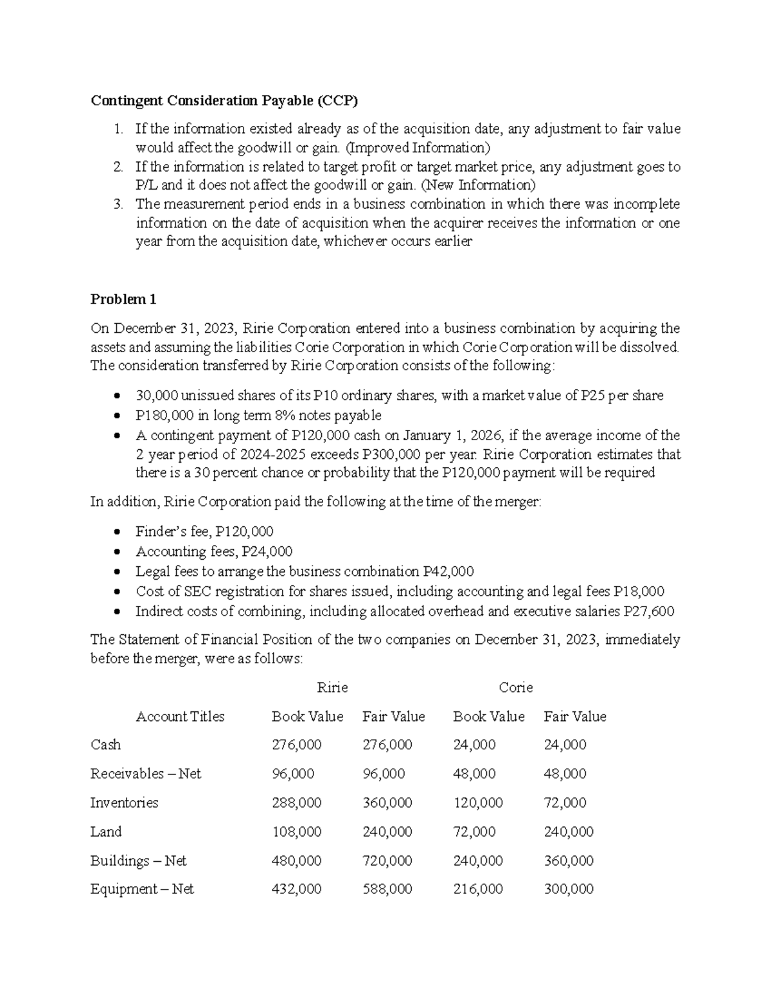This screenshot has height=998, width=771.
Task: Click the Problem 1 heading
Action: (123, 299)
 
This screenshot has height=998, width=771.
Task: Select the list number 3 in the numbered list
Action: (118, 204)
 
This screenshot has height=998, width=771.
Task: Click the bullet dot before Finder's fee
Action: (116, 532)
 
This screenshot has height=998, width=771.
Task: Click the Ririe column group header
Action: (333, 688)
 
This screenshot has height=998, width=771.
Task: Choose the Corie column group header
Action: (516, 688)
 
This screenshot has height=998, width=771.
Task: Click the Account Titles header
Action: (180, 717)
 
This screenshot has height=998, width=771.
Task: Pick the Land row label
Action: (106, 832)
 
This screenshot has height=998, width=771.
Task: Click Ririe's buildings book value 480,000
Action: (296, 860)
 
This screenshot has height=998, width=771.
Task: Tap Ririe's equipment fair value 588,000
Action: (387, 889)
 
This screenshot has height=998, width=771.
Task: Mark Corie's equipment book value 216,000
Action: (478, 889)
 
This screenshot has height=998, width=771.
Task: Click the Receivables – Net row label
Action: (146, 774)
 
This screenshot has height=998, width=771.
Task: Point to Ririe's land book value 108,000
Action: (296, 832)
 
